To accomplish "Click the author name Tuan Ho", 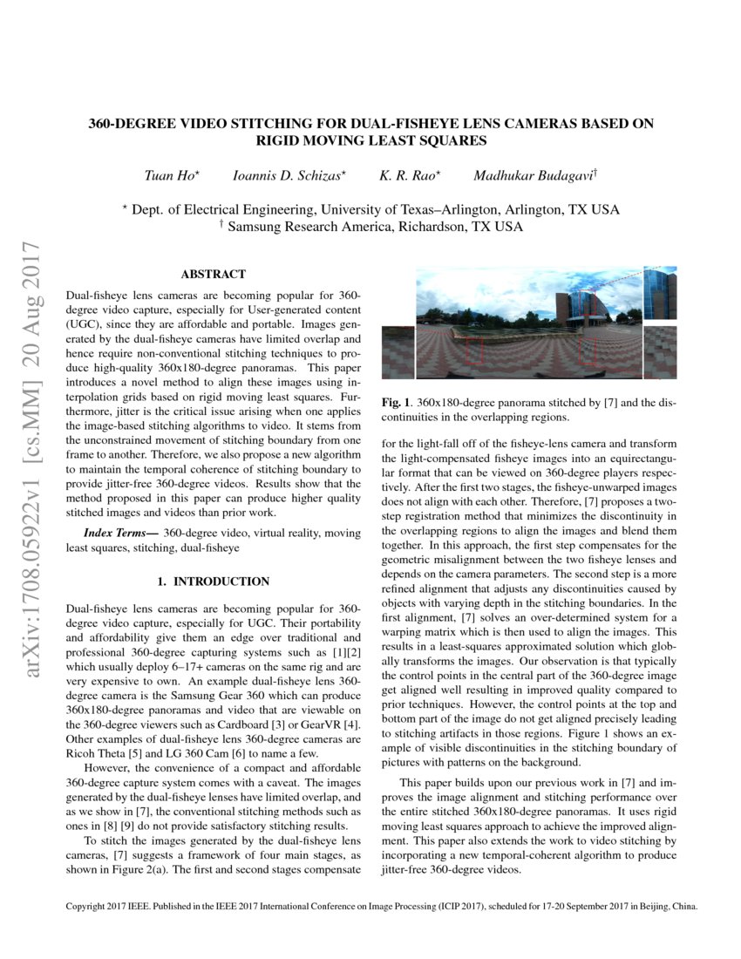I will point(171,175).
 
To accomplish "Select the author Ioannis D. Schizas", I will point(289,175).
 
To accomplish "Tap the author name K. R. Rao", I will point(409,175).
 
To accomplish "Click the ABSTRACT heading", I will point(213,274).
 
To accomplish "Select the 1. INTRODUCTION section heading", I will point(213,581).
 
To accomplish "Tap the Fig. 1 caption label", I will point(398,403).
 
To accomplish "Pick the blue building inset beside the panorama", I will point(660,294).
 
